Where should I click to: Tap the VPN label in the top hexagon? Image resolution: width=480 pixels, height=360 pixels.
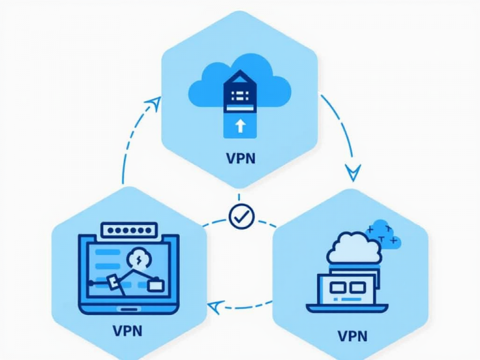click(241, 157)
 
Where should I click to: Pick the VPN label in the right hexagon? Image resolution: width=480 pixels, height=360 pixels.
click(352, 336)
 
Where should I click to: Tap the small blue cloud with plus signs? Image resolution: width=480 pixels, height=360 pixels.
click(384, 234)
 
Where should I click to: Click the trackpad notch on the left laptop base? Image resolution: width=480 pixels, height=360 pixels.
click(128, 307)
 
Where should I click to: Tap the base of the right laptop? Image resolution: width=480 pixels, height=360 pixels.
click(347, 308)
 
